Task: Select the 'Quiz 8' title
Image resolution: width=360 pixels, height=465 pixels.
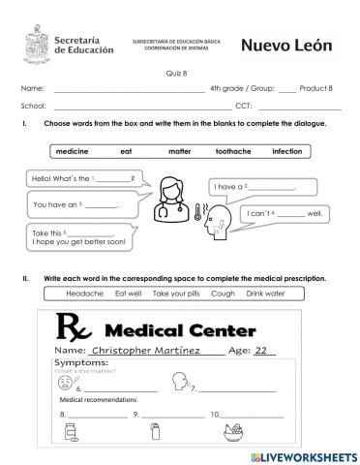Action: click(x=180, y=72)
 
